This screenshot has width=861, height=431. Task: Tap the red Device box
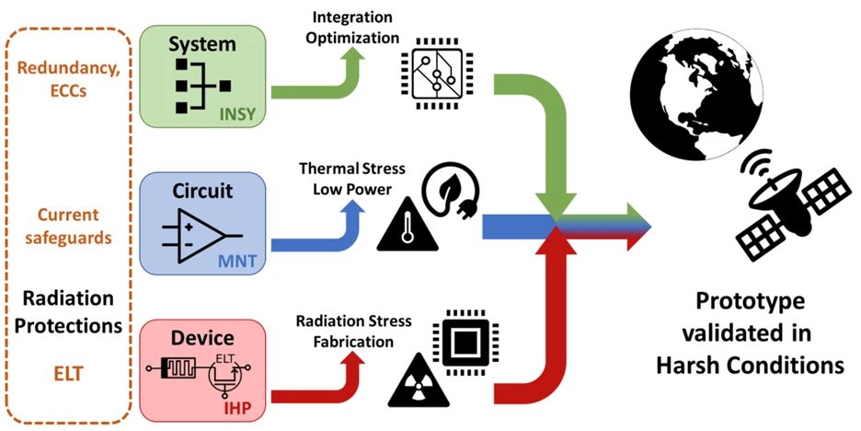pyautogui.click(x=201, y=367)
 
